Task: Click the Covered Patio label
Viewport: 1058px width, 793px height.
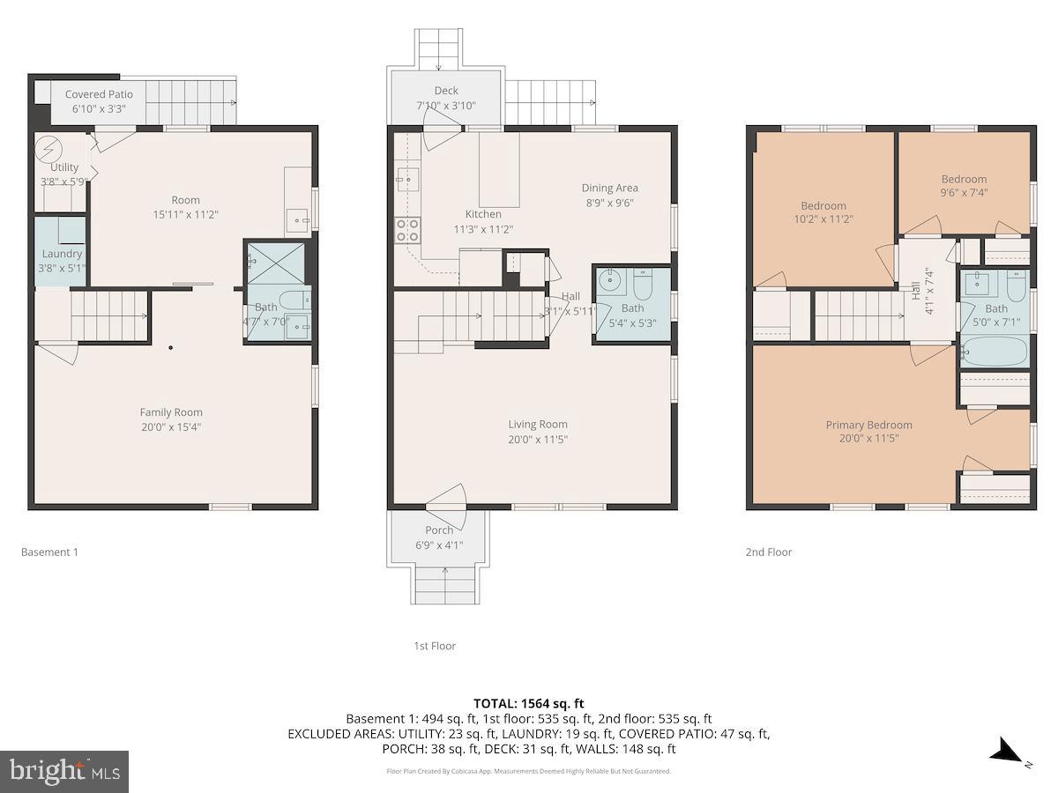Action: coord(99,94)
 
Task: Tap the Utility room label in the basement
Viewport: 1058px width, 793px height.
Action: coord(64,167)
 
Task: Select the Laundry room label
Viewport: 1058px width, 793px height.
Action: coord(62,254)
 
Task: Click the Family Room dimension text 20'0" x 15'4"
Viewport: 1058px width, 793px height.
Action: coord(171,427)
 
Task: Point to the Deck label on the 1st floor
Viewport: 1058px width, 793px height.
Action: coord(446,91)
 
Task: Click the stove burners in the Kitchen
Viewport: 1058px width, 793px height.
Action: coord(406,230)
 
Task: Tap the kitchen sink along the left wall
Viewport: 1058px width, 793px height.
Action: coord(406,179)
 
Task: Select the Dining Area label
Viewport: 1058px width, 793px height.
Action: coord(609,188)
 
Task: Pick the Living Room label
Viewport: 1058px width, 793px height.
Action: coord(537,425)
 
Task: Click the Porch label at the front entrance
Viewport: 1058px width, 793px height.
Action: coord(439,530)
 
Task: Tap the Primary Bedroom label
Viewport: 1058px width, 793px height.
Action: coord(868,425)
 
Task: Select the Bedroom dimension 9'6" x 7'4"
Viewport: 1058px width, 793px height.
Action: coord(964,194)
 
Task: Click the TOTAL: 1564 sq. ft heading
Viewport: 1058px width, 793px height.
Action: coord(529,703)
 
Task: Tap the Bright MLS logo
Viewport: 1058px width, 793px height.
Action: coord(64,772)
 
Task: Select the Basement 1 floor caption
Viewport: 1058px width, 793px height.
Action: coord(49,552)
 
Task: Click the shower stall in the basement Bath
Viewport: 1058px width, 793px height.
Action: coord(264,260)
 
